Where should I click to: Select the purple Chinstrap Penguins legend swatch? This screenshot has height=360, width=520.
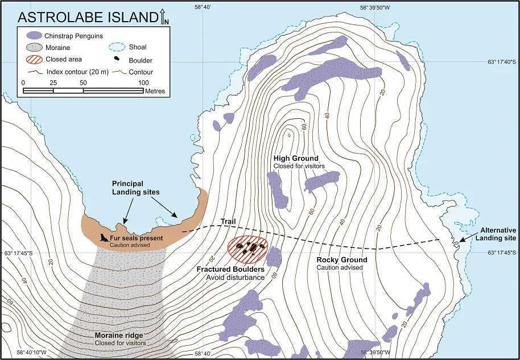[x=36, y=35]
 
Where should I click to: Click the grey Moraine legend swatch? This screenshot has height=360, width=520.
[x=36, y=48]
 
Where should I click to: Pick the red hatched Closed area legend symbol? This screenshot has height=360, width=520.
[x=36, y=59]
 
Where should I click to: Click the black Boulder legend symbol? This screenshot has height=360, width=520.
[x=116, y=60]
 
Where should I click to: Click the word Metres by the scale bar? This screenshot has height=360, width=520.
[x=155, y=91]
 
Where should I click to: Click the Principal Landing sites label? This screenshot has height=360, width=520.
[x=135, y=188]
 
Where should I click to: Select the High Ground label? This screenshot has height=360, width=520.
[x=296, y=158]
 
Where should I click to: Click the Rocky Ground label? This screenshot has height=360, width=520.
[x=341, y=260]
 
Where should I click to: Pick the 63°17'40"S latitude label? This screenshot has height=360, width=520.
[x=501, y=62]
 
